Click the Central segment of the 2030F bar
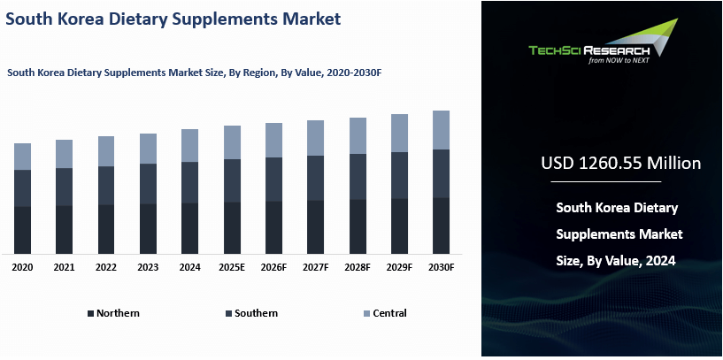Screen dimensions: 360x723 441,130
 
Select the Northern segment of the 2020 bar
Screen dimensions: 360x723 22,230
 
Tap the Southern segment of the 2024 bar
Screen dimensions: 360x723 189,182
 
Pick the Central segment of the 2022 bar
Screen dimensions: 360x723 106,151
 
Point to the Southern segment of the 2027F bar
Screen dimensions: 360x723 315,178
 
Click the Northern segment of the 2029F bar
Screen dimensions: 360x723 399,226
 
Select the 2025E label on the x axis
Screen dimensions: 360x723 232,267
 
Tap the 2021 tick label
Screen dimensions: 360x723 64,267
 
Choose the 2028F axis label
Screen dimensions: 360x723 358,267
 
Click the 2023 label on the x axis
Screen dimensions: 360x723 148,267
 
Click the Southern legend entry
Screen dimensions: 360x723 256,313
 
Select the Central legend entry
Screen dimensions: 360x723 389,313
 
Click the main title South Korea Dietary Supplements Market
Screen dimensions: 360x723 173,18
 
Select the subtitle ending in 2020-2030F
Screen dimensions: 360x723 199,73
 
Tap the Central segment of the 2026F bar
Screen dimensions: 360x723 273,140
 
